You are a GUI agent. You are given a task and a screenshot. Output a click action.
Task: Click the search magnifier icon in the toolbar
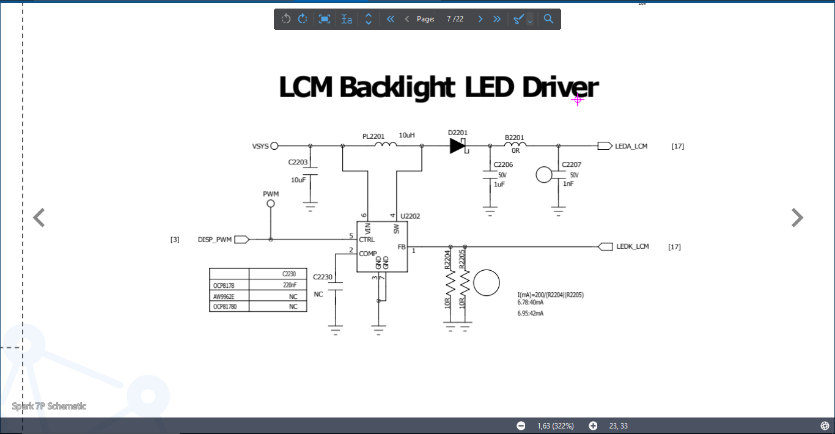tap(548, 19)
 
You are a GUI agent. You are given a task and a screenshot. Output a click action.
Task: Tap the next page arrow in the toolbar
tap(480, 19)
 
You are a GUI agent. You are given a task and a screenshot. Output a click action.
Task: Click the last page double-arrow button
tap(497, 19)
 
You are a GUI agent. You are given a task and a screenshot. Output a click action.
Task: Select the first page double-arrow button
tap(390, 19)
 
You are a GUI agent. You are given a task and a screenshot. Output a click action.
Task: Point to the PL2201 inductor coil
tap(386, 144)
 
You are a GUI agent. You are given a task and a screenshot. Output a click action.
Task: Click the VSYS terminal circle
tap(274, 146)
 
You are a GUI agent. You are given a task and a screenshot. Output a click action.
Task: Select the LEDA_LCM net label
tap(631, 146)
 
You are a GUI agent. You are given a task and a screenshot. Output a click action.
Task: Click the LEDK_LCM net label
tap(633, 246)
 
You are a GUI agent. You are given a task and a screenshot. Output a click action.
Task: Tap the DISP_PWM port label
tap(215, 240)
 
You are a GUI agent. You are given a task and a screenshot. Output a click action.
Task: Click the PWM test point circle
tap(271, 204)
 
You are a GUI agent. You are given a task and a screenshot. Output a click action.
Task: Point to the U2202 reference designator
tap(410, 216)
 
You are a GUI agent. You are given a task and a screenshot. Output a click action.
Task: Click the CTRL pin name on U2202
tap(367, 240)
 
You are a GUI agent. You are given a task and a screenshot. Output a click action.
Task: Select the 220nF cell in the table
tap(290, 285)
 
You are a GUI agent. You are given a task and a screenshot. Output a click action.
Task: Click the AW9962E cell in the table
tap(224, 297)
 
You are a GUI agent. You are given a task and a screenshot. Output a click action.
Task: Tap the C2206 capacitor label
tap(503, 164)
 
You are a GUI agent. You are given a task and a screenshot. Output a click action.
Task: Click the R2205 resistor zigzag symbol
tap(465, 282)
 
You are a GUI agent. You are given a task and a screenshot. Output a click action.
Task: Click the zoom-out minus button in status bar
tap(521, 426)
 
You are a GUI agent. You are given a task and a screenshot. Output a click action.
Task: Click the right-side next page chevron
tap(797, 218)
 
